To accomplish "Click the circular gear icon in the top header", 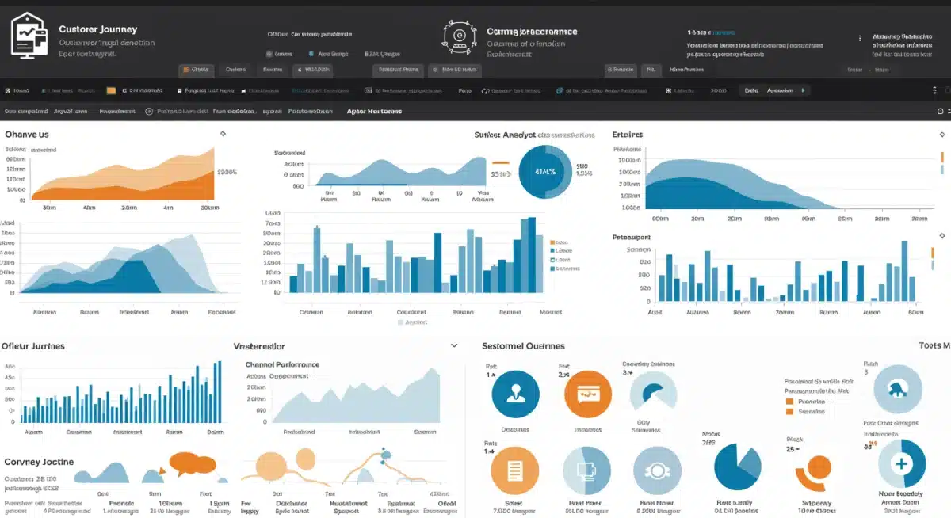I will tap(459, 36).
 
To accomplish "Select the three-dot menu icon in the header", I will tap(860, 38).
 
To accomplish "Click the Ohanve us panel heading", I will tap(26, 134).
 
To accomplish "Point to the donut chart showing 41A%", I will tap(545, 171).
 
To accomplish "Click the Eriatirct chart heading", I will tap(627, 134).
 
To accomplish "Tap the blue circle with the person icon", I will tap(515, 394).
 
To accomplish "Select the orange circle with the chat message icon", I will tap(588, 394).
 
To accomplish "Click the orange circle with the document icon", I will tap(515, 470).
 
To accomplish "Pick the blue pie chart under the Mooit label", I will tap(737, 467).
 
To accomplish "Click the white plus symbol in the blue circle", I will tap(900, 464).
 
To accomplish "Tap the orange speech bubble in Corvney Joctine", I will tap(193, 463).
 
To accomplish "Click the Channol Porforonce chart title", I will tap(282, 364).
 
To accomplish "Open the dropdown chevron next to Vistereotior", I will tap(454, 346).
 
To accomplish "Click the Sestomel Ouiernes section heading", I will tap(523, 346).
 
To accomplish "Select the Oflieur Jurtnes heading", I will tap(33, 346).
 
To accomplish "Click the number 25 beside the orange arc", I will tap(790, 449).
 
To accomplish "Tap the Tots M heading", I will tap(934, 345).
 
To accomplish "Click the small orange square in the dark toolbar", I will tap(111, 90).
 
